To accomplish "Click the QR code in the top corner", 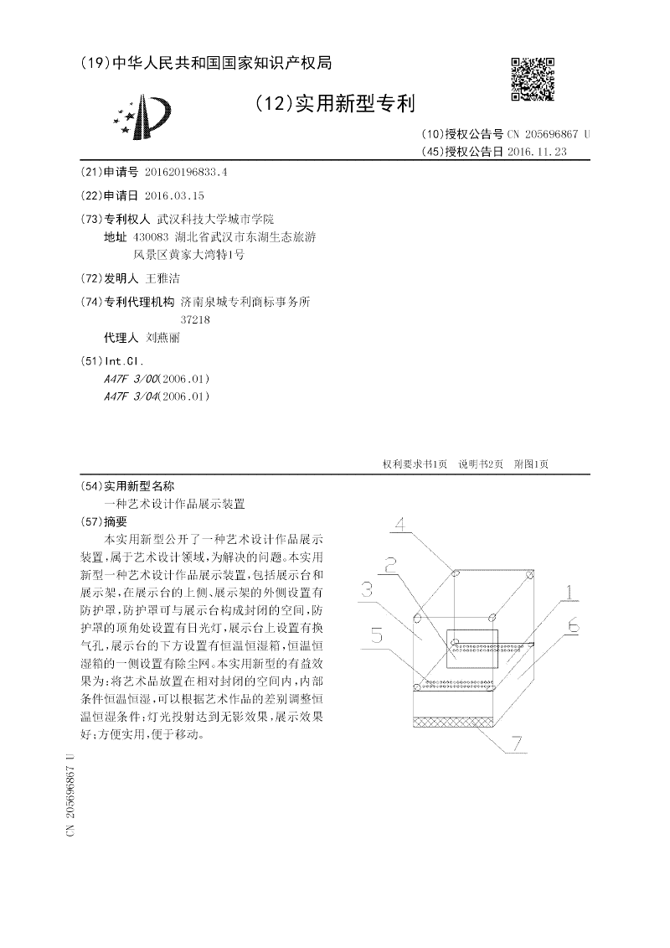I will pos(533,80).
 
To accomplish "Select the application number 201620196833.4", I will pos(186,172).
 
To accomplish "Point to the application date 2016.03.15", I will pos(174,195).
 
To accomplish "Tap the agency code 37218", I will pos(195,319).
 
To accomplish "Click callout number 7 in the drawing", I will pos(517,743).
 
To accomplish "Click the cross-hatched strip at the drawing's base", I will pos(456,720).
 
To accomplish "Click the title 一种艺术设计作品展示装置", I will pos(174,504).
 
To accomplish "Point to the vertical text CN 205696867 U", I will pos(70,792).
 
